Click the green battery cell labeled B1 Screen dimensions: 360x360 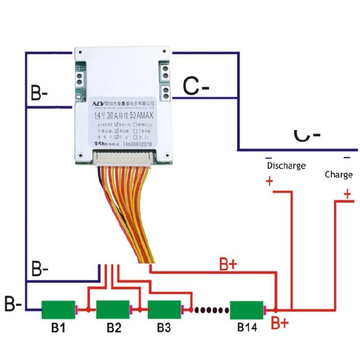(x=58, y=310)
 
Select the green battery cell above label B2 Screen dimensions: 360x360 (x=113, y=310)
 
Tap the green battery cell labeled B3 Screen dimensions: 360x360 (x=164, y=310)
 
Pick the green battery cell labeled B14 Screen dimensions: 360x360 (x=246, y=310)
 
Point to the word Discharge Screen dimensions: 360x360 (x=286, y=166)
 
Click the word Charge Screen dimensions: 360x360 (x=338, y=174)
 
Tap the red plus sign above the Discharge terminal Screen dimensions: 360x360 (x=269, y=181)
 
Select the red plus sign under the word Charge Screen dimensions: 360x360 (x=347, y=193)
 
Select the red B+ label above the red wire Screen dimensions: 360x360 (x=228, y=264)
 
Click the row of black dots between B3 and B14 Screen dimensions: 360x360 (x=209, y=310)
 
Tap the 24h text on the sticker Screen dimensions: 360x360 (x=99, y=143)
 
